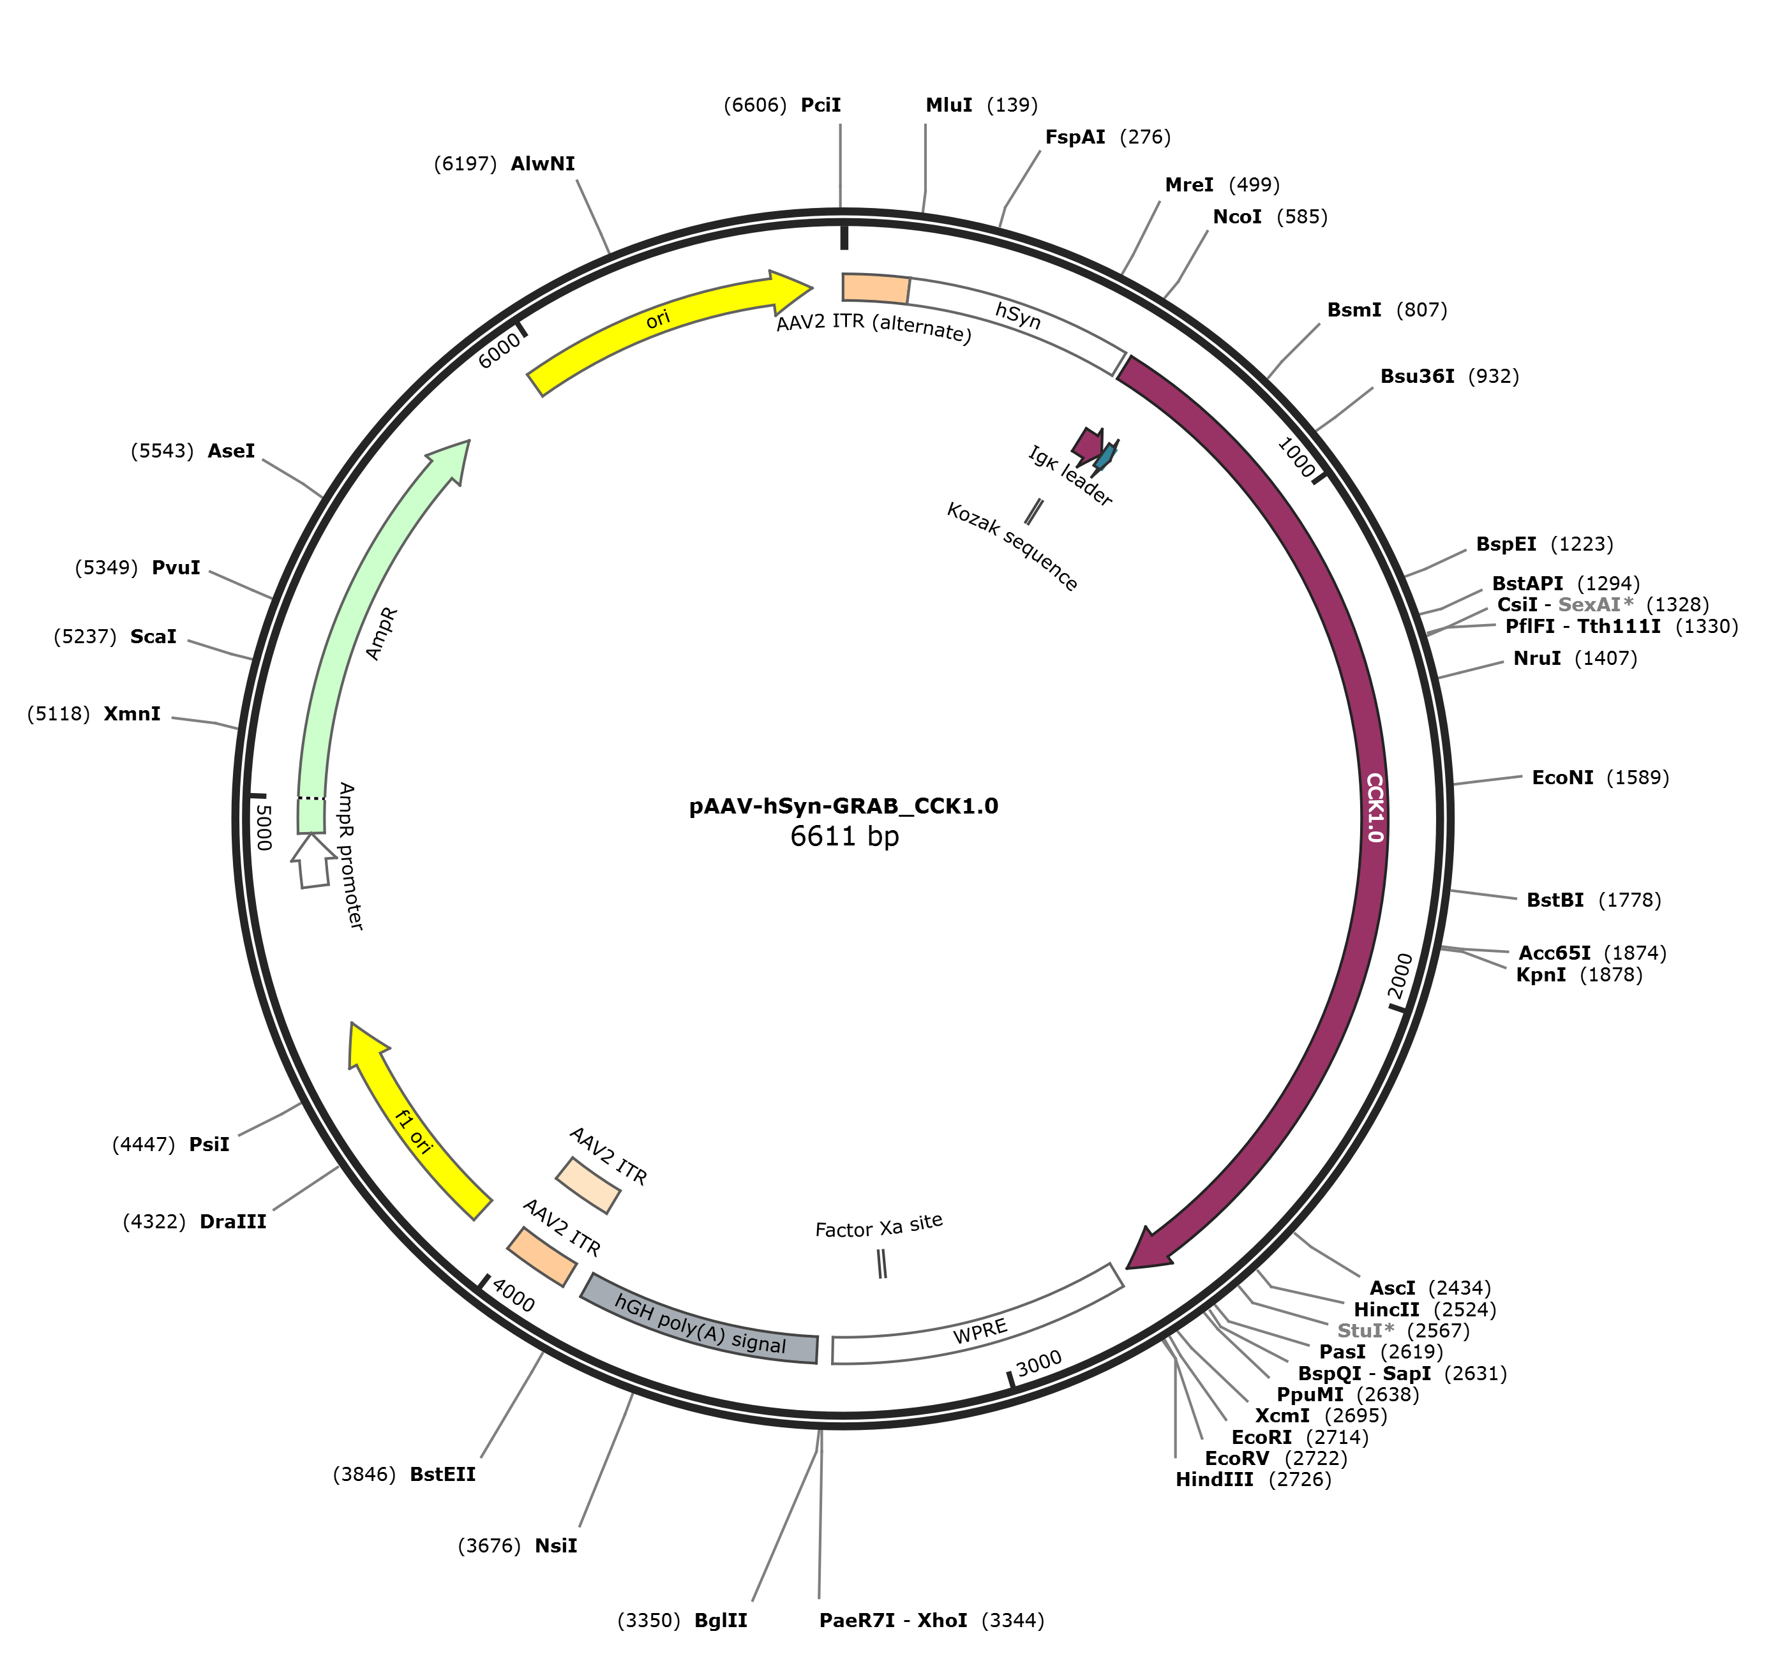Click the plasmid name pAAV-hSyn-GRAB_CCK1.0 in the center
coord(843,807)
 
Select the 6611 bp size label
coord(844,837)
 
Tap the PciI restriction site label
coord(820,105)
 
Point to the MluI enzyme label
coord(949,105)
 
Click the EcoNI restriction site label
coord(1562,778)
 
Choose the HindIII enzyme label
coord(1214,1480)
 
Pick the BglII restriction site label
coord(721,1621)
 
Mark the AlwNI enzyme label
coord(543,163)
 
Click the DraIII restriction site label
coord(233,1221)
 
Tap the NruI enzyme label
coord(1537,658)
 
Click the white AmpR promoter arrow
coord(313,861)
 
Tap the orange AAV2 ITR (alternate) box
coord(876,288)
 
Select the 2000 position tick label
coord(1400,976)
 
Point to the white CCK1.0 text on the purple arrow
coord(1374,807)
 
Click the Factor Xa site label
coord(879,1228)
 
